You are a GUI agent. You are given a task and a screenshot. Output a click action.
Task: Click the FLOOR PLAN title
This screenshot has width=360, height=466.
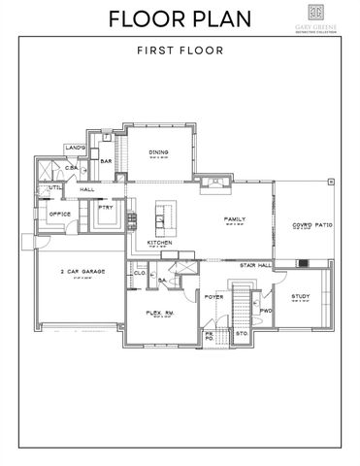tap(180, 18)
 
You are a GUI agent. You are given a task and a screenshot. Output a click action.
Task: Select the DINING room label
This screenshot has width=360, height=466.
tap(159, 152)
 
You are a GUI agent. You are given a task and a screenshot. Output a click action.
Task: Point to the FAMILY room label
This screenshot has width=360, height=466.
tap(234, 219)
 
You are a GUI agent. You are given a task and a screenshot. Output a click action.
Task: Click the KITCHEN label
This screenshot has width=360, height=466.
tap(160, 242)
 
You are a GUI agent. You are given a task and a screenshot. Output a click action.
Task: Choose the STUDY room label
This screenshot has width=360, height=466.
tap(302, 296)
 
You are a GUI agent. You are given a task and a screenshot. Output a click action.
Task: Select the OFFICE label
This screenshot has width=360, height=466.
tap(59, 214)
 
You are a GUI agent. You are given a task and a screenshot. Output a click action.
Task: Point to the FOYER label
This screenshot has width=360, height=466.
tap(213, 296)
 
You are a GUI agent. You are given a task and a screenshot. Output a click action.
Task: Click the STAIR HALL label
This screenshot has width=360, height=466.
tap(254, 263)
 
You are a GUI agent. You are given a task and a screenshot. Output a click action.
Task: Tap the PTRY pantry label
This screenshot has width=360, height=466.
tap(107, 207)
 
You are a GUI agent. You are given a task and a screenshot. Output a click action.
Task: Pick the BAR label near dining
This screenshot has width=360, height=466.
tap(108, 161)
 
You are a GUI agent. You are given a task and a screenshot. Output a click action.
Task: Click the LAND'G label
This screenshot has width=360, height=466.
tap(77, 148)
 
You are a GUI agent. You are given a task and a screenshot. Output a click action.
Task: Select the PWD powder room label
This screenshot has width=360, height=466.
tap(265, 311)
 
